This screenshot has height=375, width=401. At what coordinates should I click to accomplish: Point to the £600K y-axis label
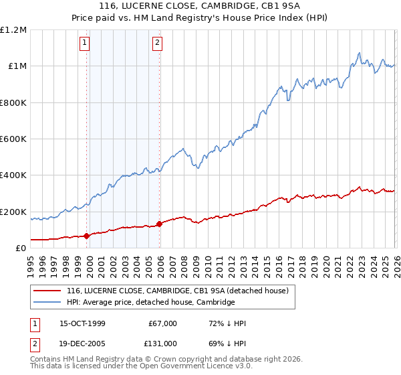[13, 139]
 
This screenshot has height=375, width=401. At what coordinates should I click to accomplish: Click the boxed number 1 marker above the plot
[86, 44]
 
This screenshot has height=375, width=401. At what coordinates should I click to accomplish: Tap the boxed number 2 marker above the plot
[157, 44]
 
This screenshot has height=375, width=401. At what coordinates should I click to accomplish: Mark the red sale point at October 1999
[87, 236]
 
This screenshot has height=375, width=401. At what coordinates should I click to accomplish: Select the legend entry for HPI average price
[150, 302]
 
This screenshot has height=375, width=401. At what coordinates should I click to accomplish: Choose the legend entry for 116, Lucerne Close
[177, 291]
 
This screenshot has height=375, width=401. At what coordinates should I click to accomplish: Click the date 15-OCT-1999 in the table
[82, 323]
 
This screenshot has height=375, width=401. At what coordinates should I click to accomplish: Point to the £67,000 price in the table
[163, 323]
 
